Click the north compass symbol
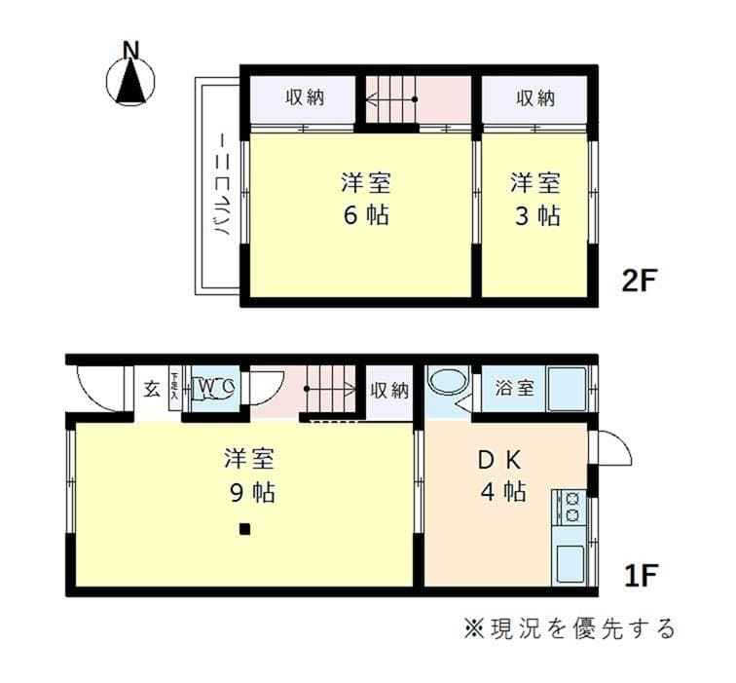pyautogui.click(x=130, y=78)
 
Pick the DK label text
pyautogui.click(x=502, y=459)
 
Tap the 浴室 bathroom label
pyautogui.click(x=514, y=388)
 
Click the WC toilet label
pyautogui.click(x=215, y=387)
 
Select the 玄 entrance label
pyautogui.click(x=153, y=389)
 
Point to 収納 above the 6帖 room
pyautogui.click(x=305, y=98)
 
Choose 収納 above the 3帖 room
pyautogui.click(x=534, y=98)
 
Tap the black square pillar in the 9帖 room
pyautogui.click(x=244, y=530)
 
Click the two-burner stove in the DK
pyautogui.click(x=569, y=506)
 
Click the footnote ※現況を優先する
pyautogui.click(x=569, y=628)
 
